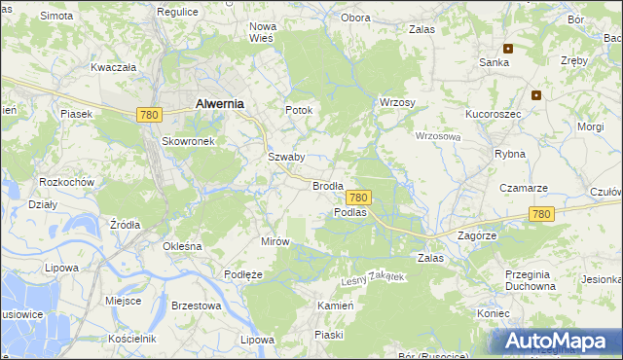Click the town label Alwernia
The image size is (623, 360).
[x=220, y=102]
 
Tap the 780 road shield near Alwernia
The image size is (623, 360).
[x=149, y=115]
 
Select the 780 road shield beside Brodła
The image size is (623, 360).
[x=358, y=197]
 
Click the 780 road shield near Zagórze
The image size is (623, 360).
[x=542, y=214]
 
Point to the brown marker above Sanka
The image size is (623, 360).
[x=507, y=48]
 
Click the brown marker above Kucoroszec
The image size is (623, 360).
[x=535, y=95]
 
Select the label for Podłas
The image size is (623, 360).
[x=349, y=212]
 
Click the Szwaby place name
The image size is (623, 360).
[x=286, y=157]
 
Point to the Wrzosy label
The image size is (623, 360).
[x=397, y=102]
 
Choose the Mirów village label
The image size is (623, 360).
[x=276, y=240]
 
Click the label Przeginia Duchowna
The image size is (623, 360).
[x=530, y=280]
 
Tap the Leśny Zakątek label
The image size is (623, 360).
[x=372, y=278]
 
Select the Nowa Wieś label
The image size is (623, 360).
[x=263, y=32]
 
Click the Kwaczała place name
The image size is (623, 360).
[x=113, y=67]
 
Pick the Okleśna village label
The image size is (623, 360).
[x=182, y=246]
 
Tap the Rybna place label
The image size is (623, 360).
[x=509, y=154]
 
